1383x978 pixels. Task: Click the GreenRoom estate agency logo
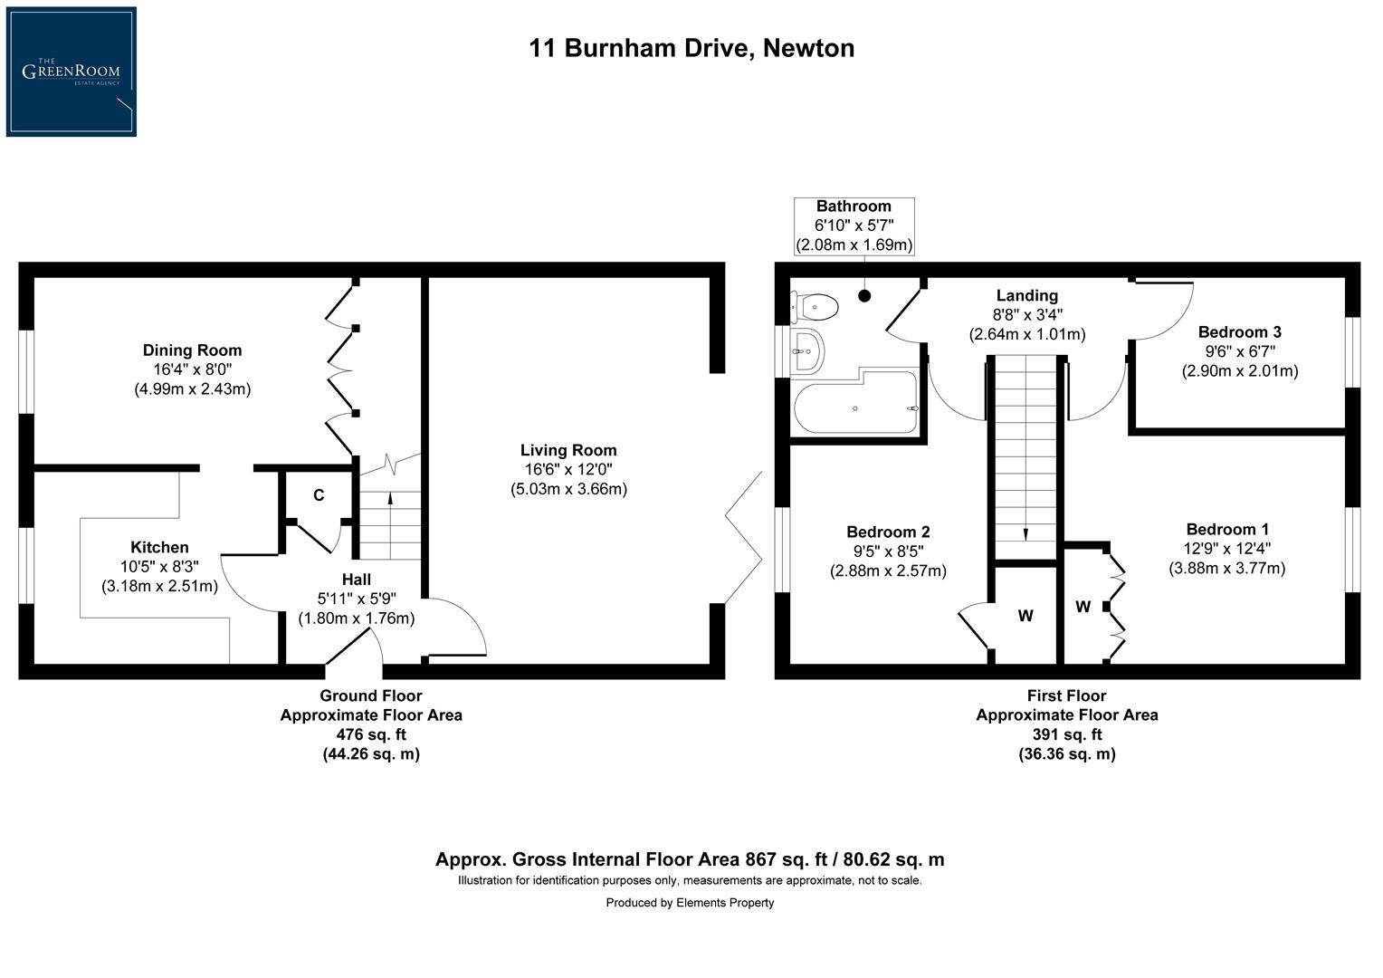tap(71, 72)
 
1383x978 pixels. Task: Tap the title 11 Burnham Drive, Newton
tap(691, 48)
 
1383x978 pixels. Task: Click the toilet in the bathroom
tap(816, 307)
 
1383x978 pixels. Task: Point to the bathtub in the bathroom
tap(855, 407)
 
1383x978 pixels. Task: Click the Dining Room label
tap(192, 350)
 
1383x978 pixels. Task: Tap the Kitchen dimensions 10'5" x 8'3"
tap(159, 566)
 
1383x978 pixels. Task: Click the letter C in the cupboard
tap(319, 495)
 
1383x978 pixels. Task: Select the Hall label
tap(356, 580)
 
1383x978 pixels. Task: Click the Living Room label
tap(568, 450)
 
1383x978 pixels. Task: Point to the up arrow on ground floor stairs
tap(390, 498)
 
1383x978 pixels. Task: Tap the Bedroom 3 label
tap(1239, 332)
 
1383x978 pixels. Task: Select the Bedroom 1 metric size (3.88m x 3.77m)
tap(1226, 569)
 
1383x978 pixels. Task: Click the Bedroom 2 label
tap(888, 532)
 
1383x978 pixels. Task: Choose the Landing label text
tap(1026, 295)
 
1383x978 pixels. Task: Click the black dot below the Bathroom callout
tap(864, 295)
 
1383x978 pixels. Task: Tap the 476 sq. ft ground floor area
tap(371, 734)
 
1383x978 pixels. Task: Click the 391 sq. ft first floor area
tap(1066, 734)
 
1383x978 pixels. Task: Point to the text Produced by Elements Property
tap(690, 902)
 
